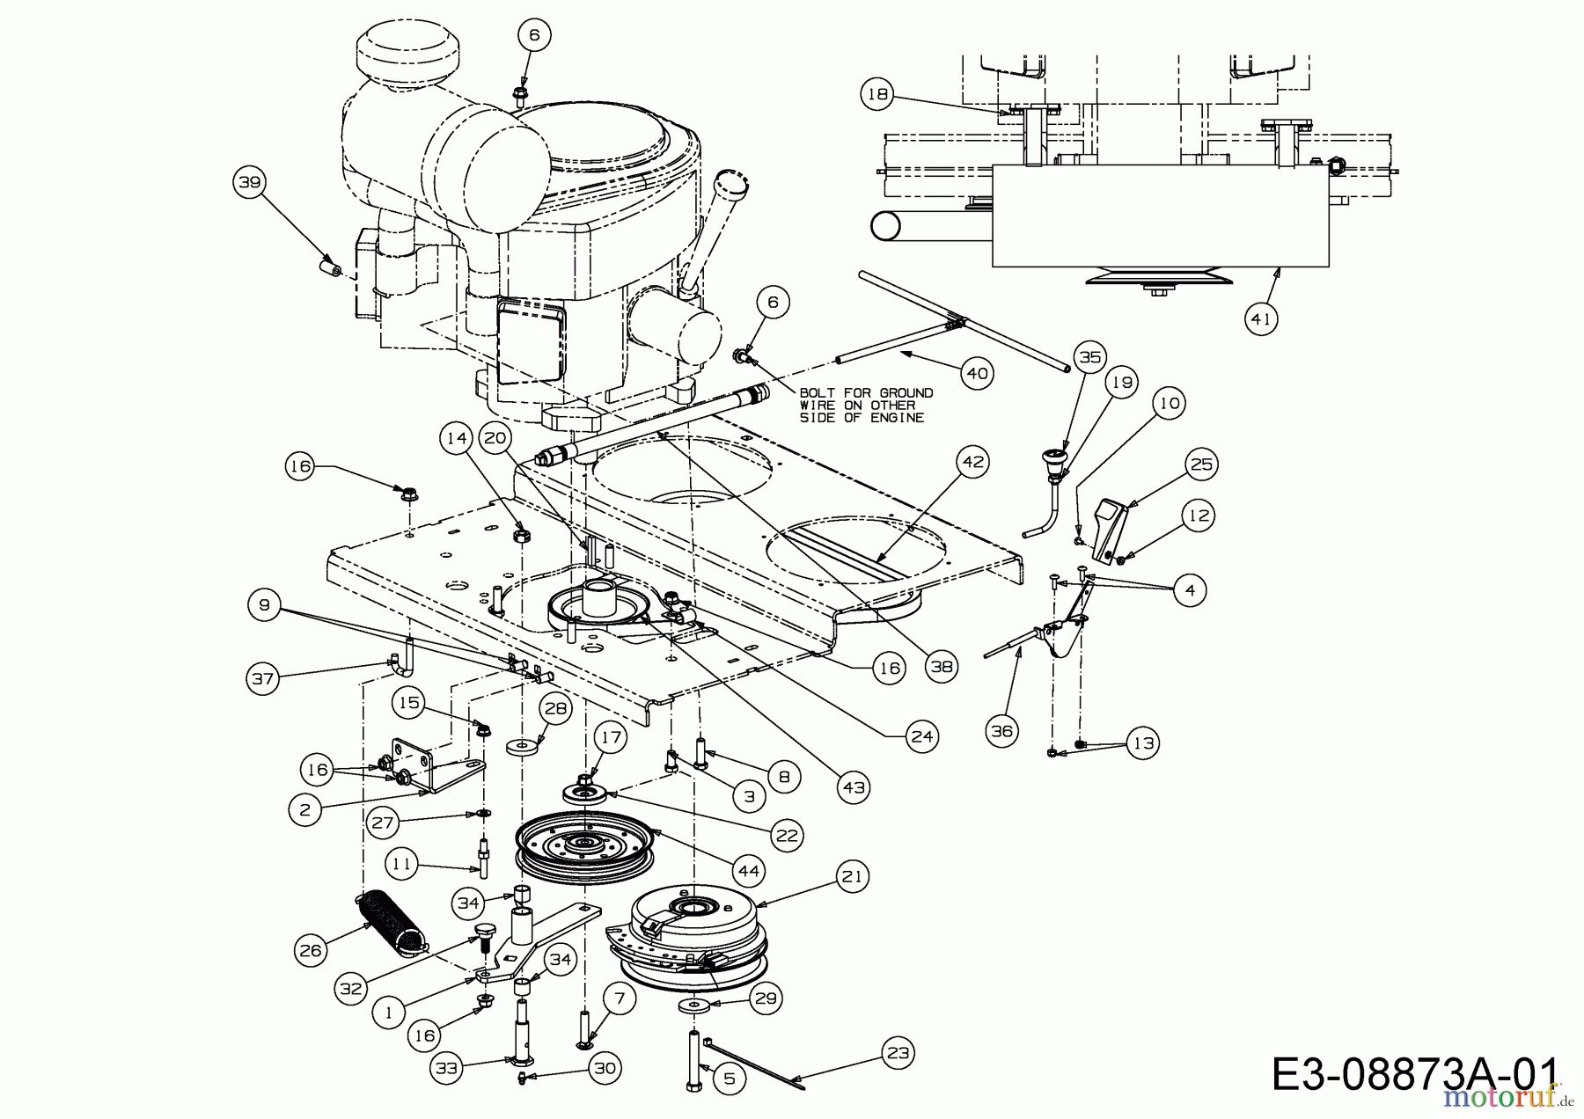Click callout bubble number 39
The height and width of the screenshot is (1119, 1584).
pyautogui.click(x=249, y=182)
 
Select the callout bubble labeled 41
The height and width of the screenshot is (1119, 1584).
pyautogui.click(x=1261, y=318)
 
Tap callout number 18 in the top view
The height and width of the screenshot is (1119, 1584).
pyautogui.click(x=877, y=94)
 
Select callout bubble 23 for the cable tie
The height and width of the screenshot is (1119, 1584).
pyautogui.click(x=897, y=1052)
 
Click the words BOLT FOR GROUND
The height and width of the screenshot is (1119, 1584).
pyautogui.click(x=866, y=392)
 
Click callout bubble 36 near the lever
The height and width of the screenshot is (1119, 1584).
pyautogui.click(x=1002, y=729)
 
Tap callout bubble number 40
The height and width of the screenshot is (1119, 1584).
pyautogui.click(x=978, y=373)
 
